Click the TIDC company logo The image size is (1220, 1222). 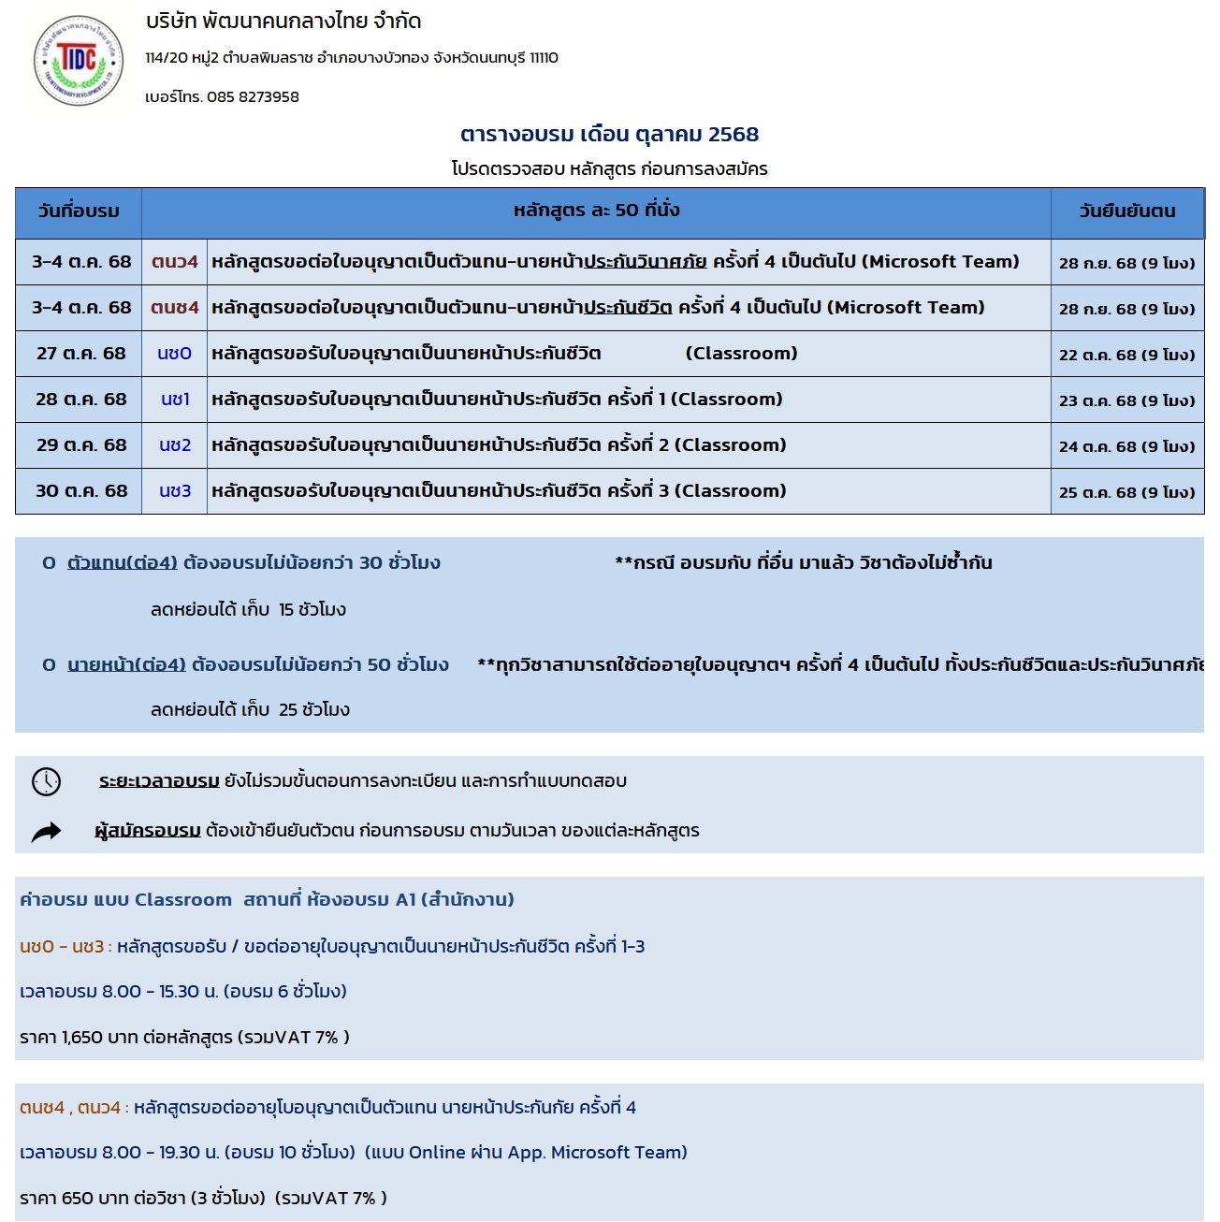(x=79, y=61)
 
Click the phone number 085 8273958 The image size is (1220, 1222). (x=253, y=96)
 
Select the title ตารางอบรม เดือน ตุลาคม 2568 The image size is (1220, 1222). (x=609, y=134)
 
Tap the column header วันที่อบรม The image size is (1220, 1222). (x=79, y=211)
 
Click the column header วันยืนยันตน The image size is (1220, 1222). (x=1126, y=211)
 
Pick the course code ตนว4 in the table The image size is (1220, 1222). (x=175, y=262)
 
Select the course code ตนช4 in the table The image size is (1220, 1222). (x=175, y=308)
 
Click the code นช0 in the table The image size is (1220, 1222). (x=175, y=354)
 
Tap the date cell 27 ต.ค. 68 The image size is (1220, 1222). (x=80, y=354)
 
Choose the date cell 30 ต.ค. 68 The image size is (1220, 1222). (x=80, y=491)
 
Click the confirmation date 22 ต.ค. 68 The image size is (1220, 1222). (x=1126, y=356)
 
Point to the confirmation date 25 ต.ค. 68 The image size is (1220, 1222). (x=1126, y=493)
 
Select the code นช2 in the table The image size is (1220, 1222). (x=175, y=445)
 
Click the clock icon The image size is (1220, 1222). (x=46, y=781)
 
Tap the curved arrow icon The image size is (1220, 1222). (x=46, y=832)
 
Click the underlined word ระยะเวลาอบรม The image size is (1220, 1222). (x=159, y=781)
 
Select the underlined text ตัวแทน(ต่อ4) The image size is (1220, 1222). (x=123, y=563)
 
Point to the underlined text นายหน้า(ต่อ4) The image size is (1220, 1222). (x=127, y=665)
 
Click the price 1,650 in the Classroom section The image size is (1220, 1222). (x=81, y=1037)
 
